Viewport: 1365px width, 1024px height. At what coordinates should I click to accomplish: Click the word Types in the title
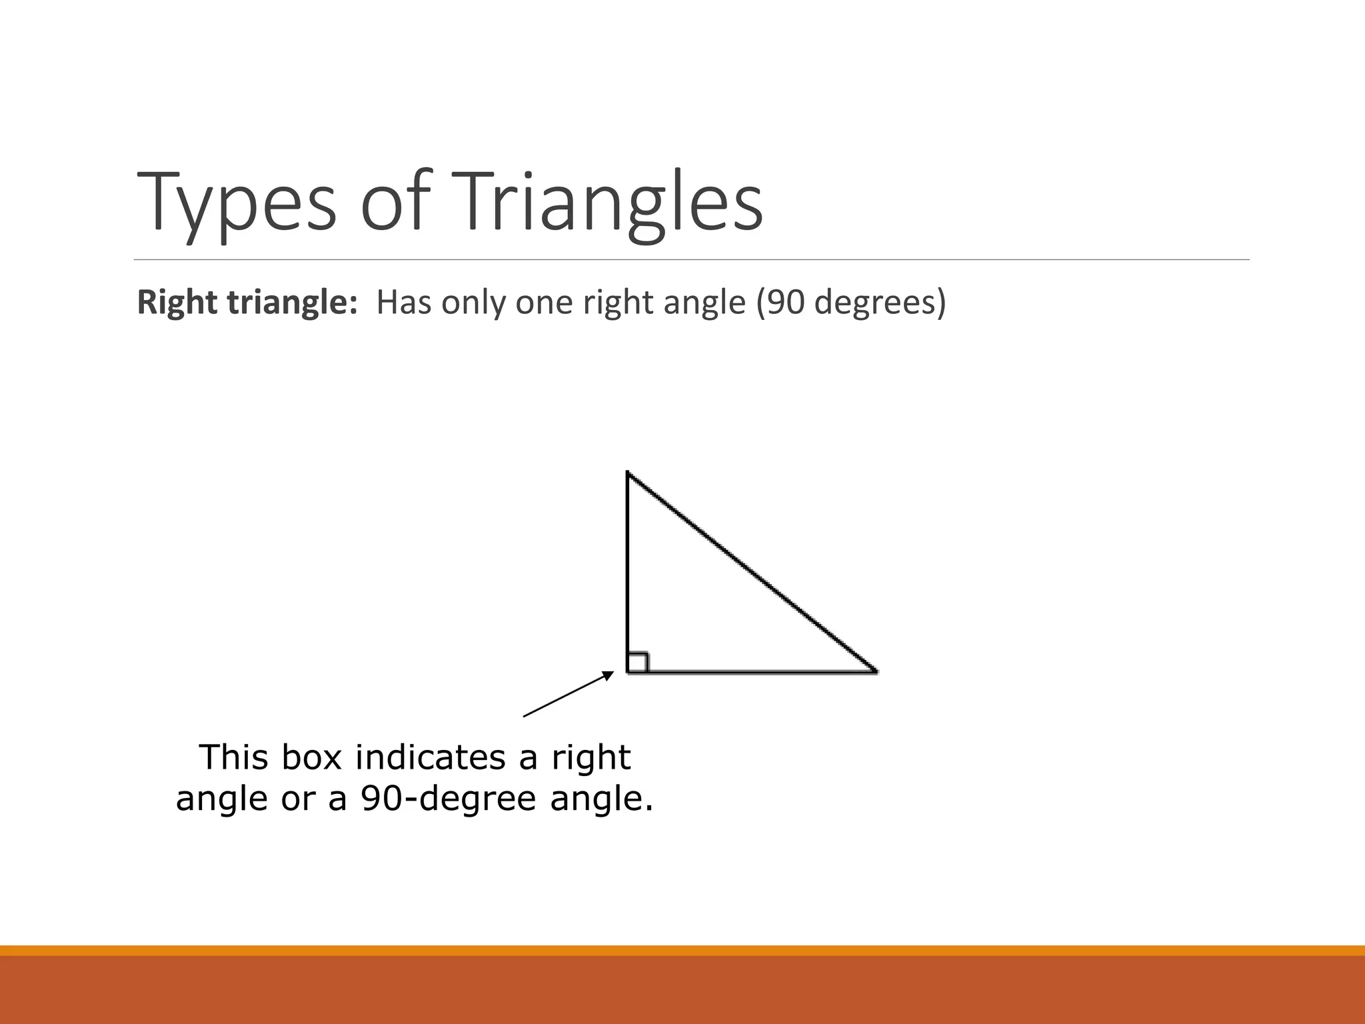point(237,202)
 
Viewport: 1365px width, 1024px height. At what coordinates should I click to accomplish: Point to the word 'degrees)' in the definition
point(880,303)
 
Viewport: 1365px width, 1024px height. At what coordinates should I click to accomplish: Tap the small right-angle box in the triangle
point(637,662)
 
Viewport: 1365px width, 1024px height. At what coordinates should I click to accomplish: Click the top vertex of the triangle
point(628,473)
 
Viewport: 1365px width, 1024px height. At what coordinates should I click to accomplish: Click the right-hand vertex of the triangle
point(875,671)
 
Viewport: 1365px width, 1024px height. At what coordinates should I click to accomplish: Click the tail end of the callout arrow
point(525,716)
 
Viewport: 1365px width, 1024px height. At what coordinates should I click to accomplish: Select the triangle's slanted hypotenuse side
point(752,573)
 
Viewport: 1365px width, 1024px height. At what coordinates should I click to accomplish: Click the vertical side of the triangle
point(628,567)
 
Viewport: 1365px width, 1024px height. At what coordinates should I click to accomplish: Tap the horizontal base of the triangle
point(753,672)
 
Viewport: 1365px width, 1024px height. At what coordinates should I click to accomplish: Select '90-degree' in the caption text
point(449,799)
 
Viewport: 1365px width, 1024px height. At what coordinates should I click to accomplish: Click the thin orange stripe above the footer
point(682,950)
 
